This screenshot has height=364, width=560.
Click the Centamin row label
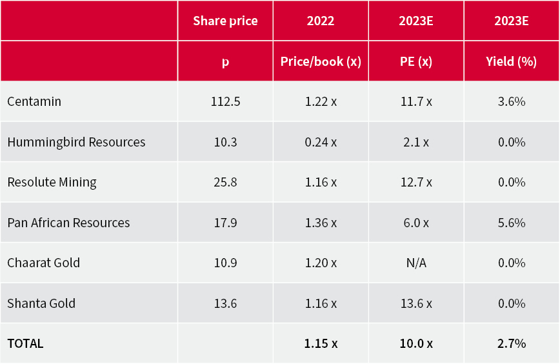(x=34, y=102)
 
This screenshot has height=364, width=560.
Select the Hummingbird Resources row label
(x=76, y=142)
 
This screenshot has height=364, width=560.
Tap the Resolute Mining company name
(x=52, y=182)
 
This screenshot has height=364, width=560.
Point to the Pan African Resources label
(x=68, y=223)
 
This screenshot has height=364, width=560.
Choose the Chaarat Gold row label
(x=43, y=263)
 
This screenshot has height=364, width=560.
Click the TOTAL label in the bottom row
(x=25, y=343)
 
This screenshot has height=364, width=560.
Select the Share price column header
(x=225, y=21)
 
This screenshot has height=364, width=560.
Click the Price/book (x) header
(x=321, y=61)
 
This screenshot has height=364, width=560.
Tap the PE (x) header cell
(x=416, y=61)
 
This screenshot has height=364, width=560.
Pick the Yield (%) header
(x=512, y=61)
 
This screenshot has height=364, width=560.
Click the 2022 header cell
(x=321, y=21)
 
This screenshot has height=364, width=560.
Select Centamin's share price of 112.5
(x=225, y=102)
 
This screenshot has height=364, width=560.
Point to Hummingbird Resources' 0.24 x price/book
(x=321, y=142)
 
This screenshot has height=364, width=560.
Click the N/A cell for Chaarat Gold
(x=416, y=263)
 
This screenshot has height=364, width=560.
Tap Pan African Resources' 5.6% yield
(x=512, y=223)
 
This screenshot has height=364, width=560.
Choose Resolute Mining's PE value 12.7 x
(x=416, y=182)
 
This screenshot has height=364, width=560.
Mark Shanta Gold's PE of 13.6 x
(x=416, y=303)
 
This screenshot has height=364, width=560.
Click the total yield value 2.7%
(x=512, y=343)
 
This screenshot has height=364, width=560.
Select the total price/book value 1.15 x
(x=321, y=343)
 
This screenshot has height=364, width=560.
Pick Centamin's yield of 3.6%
(x=512, y=102)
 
